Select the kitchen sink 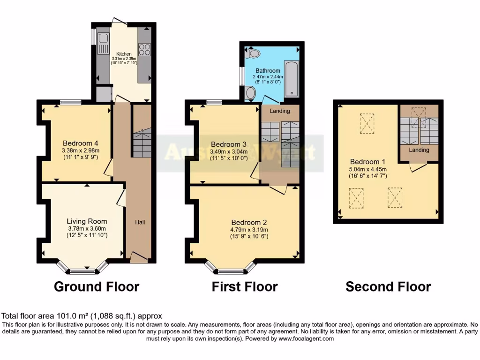pyautogui.click(x=103, y=39)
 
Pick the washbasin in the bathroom pyautogui.click(x=251, y=93)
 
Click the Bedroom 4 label pyautogui.click(x=80, y=143)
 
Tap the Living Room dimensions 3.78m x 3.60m pyautogui.click(x=87, y=229)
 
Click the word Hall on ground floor pyautogui.click(x=140, y=222)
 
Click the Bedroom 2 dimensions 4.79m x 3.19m pyautogui.click(x=248, y=230)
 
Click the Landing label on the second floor pyautogui.click(x=419, y=150)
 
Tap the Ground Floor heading pyautogui.click(x=97, y=286)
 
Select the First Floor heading pyautogui.click(x=245, y=286)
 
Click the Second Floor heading pyautogui.click(x=388, y=286)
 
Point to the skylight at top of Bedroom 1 pyautogui.click(x=367, y=123)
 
